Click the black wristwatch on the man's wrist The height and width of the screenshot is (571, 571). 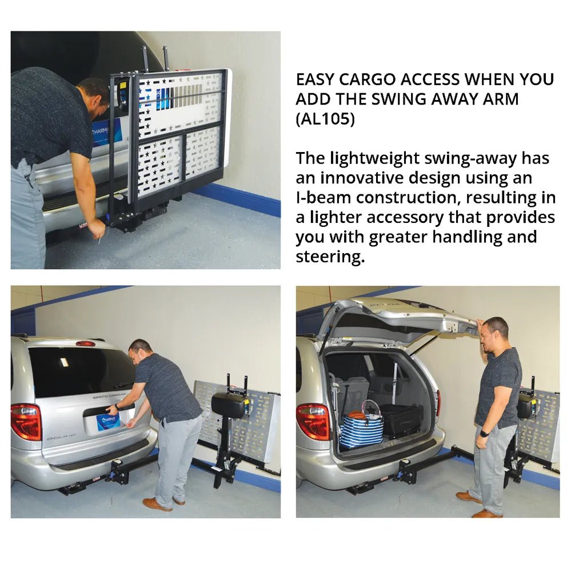(485, 433)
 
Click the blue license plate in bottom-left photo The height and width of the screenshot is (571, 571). (108, 422)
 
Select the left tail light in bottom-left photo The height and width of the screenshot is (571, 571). (26, 421)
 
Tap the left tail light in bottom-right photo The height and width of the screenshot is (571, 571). (312, 421)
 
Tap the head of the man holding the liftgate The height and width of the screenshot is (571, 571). (494, 334)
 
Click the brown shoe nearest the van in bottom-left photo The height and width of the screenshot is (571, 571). (157, 504)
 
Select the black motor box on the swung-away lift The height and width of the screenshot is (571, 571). (229, 404)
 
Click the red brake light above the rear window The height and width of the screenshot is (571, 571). (86, 344)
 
